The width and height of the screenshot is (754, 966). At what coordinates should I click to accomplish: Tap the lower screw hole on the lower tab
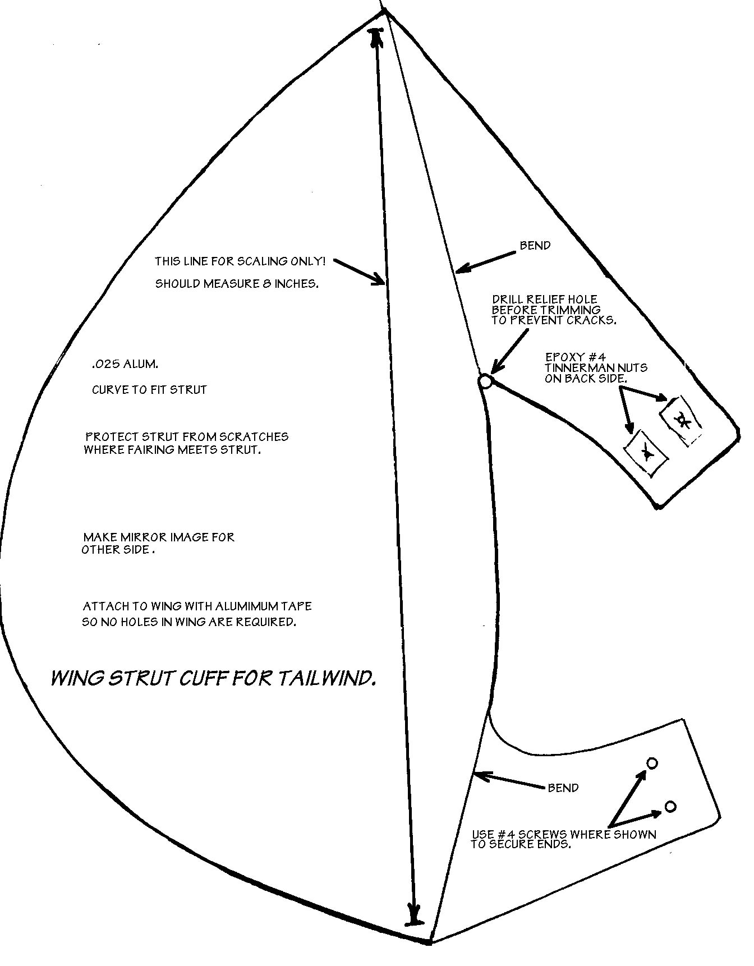click(x=670, y=807)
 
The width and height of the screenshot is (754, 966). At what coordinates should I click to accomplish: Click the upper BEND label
click(x=535, y=246)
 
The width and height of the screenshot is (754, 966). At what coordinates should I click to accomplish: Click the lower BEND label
click(x=563, y=788)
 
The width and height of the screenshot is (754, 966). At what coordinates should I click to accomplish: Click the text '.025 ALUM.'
click(x=125, y=364)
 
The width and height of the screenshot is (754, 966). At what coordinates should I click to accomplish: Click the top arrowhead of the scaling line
click(x=375, y=38)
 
